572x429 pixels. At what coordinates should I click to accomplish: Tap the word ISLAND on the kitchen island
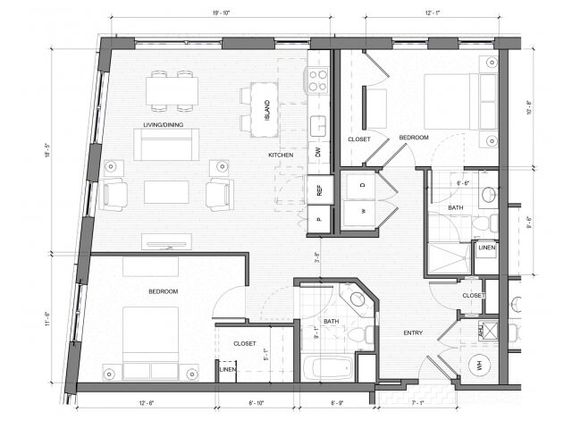coord(266,110)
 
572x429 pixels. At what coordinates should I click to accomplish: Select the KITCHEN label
coord(282,156)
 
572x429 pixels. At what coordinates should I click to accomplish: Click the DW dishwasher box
coord(317,153)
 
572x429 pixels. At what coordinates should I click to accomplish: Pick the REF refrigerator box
coord(317,189)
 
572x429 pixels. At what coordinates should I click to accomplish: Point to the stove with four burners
coord(318,81)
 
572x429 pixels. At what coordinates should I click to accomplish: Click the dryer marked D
coord(362,185)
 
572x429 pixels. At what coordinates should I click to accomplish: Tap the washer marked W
coord(362,213)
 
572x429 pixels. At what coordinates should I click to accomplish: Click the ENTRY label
coord(413,333)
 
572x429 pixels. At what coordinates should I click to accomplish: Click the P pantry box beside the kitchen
coord(317,219)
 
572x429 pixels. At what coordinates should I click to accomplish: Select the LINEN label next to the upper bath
coord(487,248)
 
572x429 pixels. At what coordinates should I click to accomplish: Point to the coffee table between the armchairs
coord(166,192)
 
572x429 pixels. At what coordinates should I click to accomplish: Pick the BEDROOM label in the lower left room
coord(163,292)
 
